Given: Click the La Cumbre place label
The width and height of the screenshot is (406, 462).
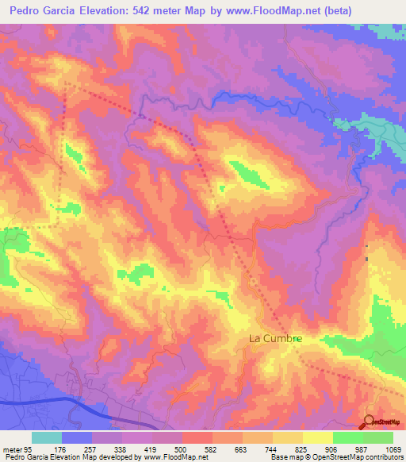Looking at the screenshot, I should click(x=276, y=338).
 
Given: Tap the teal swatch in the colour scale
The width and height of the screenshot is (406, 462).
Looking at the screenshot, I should click(x=47, y=437).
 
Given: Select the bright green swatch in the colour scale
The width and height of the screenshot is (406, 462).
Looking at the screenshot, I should click(x=348, y=437).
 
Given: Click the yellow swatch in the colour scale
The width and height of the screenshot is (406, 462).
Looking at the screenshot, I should click(x=318, y=437).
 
